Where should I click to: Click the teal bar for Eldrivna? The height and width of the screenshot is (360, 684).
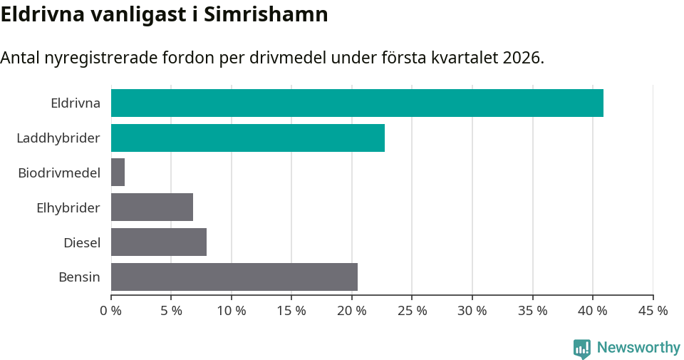[x=357, y=103]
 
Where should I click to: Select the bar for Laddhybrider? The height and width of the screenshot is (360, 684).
[x=248, y=138]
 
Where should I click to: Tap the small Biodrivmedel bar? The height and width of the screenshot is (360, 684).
[x=118, y=173]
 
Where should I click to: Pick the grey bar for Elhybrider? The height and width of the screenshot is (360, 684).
[x=152, y=207]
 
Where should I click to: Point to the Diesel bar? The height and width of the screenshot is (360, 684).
[x=159, y=242]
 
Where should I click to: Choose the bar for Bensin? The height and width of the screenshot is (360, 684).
[x=234, y=277]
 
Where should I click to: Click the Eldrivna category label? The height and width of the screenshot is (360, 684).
[x=76, y=103]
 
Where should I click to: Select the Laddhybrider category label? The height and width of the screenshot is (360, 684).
[x=58, y=138]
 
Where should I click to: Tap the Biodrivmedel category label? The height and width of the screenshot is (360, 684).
[x=59, y=173]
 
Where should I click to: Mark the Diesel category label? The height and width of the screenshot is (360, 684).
[x=82, y=242]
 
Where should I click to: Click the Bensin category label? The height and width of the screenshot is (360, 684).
[x=79, y=277]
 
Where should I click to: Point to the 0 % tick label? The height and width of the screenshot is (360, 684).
[x=110, y=311]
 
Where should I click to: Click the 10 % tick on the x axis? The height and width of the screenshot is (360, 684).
[x=231, y=311]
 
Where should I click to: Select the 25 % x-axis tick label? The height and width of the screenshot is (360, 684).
[x=412, y=311]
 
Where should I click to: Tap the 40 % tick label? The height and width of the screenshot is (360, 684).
[x=592, y=311]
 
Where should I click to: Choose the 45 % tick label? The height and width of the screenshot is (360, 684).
[x=653, y=311]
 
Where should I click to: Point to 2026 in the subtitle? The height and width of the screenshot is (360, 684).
[x=521, y=58]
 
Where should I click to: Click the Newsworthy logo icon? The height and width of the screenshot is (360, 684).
[x=582, y=349]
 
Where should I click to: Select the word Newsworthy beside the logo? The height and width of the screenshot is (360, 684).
[x=638, y=348]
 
